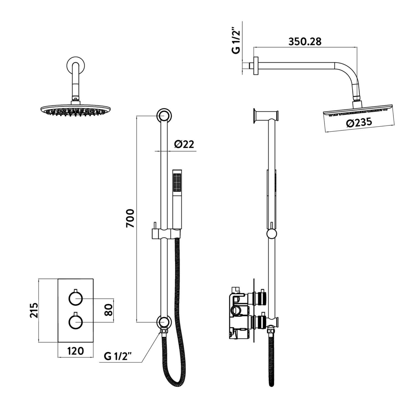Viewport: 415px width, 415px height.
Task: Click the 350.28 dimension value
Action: (x=305, y=41)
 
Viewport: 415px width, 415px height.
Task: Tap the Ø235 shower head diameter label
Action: (x=359, y=123)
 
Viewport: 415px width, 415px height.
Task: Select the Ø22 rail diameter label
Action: (x=184, y=144)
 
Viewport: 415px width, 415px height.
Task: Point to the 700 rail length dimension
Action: (x=130, y=218)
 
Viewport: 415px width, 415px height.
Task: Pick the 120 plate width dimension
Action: (x=76, y=351)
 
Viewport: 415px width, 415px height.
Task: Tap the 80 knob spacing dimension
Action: (x=109, y=310)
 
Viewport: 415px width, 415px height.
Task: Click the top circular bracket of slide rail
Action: (x=164, y=116)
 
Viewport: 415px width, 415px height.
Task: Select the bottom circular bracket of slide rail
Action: (x=164, y=322)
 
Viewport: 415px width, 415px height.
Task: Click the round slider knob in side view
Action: (x=272, y=234)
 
